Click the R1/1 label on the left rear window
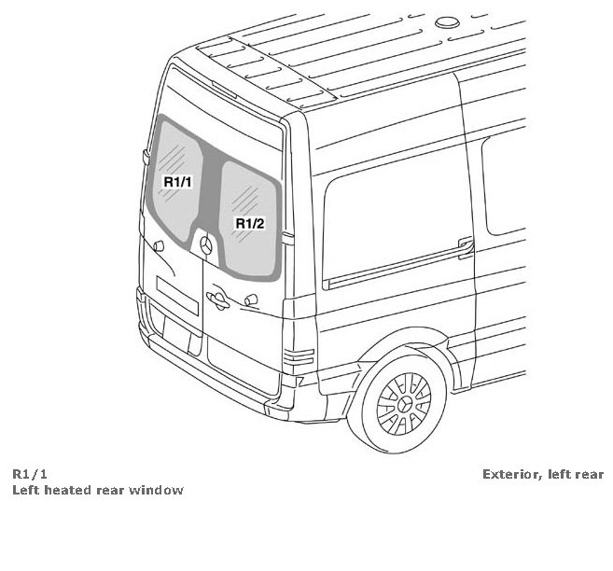pos(177,182)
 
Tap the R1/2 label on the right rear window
pos(250,223)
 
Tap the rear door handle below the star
pos(216,299)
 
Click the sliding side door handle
pos(464,246)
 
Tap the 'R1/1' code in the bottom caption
pos(30,474)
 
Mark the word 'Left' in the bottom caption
pos(26,490)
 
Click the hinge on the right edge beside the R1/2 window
pos(287,236)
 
